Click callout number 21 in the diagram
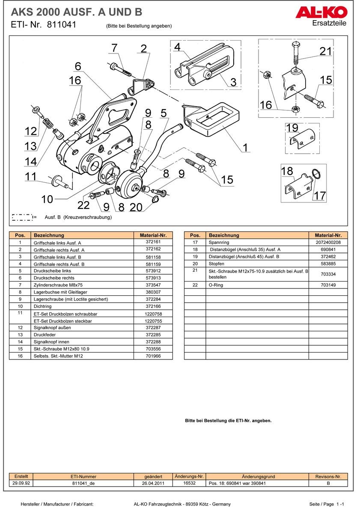326,51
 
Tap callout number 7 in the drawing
114,48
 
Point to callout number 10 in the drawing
47,199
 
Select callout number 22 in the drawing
83,205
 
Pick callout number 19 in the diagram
292,128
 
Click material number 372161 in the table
153,242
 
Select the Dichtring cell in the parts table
42,306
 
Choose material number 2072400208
328,242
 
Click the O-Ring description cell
216,285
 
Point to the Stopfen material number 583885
328,264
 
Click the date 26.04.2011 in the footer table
153,483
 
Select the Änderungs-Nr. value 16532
189,483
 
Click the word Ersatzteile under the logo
329,23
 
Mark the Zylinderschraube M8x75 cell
58,285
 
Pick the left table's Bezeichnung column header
49,235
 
